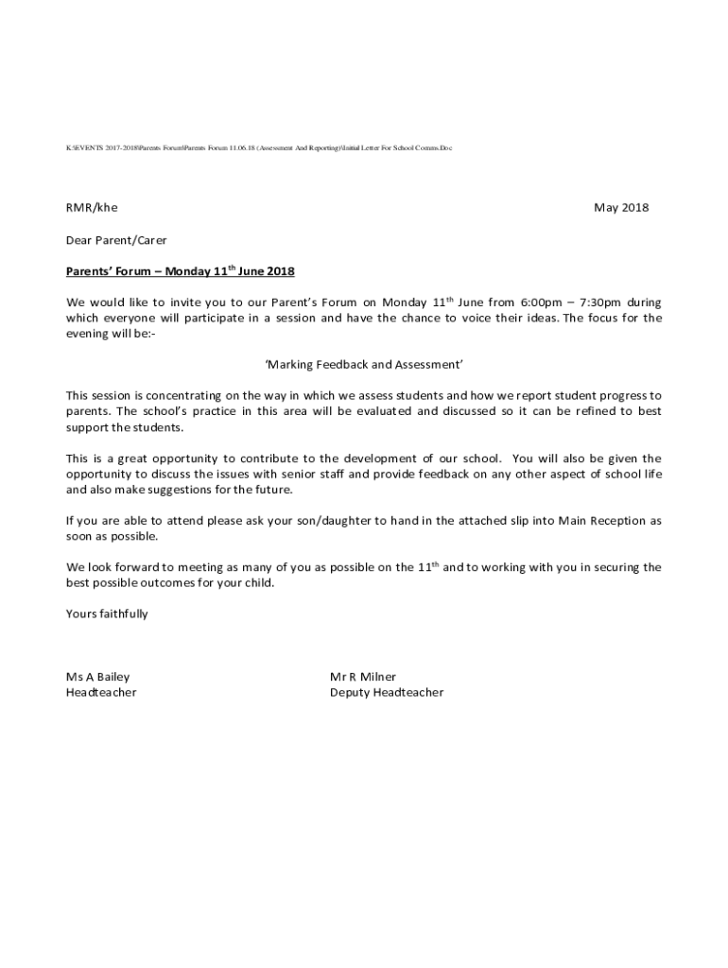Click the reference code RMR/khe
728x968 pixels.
tap(92, 208)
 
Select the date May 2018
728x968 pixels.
tap(621, 208)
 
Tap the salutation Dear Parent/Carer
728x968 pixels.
tap(116, 240)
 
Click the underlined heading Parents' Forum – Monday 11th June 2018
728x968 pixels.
tap(180, 272)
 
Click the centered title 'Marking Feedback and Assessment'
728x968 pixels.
tap(363, 364)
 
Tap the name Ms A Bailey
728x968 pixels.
tap(97, 677)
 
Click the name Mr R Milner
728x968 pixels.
tap(363, 677)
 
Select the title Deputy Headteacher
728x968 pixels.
tap(386, 693)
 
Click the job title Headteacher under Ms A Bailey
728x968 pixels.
tap(100, 693)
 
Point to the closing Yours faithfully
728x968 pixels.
tap(107, 614)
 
